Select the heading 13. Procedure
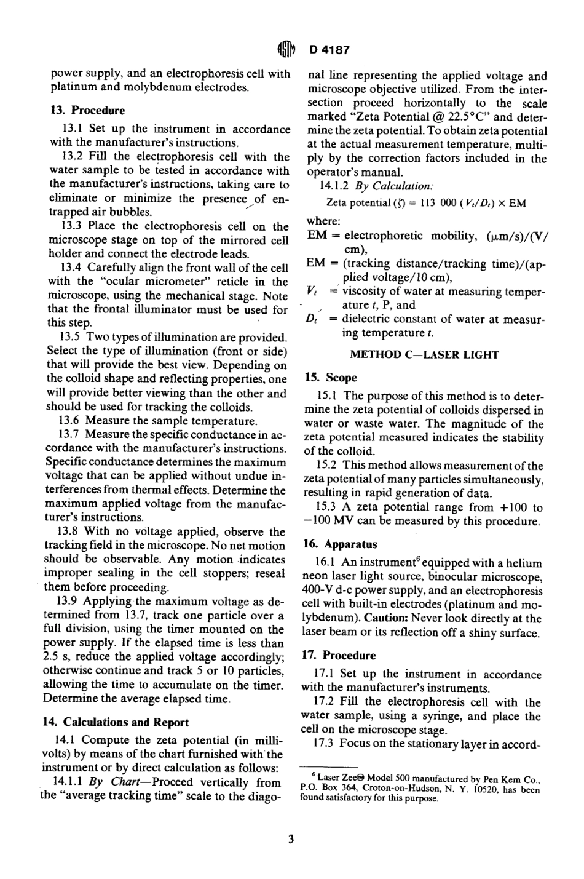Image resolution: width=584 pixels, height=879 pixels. click(x=87, y=111)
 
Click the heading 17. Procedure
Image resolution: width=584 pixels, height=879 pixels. click(x=341, y=655)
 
